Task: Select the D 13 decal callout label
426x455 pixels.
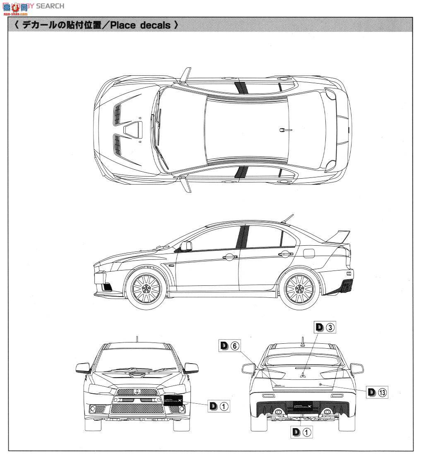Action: pos(377,392)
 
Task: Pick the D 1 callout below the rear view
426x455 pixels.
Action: pos(301,432)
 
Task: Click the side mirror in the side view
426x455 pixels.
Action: pos(186,246)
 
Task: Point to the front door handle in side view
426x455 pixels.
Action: pos(229,257)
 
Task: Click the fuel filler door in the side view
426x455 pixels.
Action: pos(309,251)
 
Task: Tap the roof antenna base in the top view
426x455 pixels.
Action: pos(282,130)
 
